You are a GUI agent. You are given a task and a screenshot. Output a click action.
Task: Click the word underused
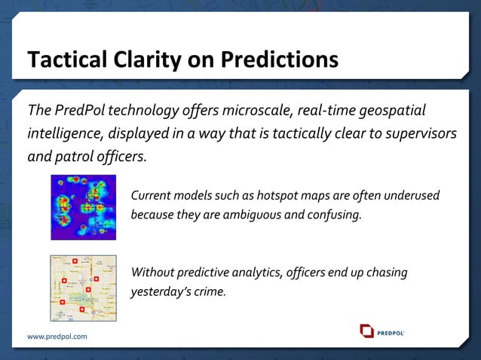(412, 196)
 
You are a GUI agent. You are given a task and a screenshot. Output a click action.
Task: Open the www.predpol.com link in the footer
(57, 337)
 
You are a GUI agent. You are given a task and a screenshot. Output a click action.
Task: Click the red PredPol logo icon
(366, 331)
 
